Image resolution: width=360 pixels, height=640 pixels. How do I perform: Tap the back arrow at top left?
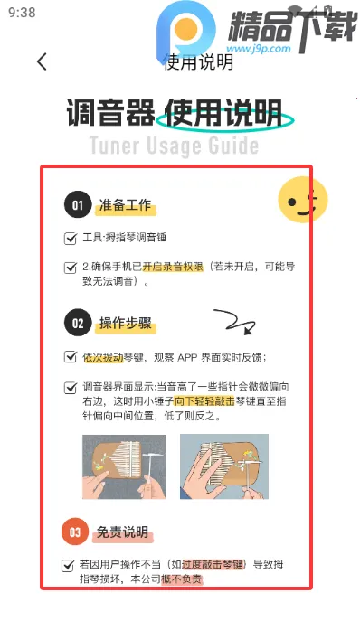(42, 61)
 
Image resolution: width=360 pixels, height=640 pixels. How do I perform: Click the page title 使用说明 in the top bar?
(198, 61)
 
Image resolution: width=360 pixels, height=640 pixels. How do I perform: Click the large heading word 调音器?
(108, 115)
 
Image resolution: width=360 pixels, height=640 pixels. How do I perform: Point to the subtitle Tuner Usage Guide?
(174, 146)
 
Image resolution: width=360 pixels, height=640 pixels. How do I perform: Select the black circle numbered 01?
(78, 206)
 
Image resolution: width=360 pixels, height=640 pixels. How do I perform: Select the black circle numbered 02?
(78, 323)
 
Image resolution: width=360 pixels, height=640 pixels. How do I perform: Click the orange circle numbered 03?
(76, 532)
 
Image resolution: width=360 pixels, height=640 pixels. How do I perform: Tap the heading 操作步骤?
(127, 323)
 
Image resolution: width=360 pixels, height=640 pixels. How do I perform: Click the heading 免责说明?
(123, 532)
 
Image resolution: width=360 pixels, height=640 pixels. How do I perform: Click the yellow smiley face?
(301, 202)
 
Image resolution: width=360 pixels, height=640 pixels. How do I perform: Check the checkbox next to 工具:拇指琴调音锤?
(71, 239)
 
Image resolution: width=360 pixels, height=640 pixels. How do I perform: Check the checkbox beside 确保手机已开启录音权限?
(71, 268)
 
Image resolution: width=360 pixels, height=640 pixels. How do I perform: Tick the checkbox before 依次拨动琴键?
(71, 357)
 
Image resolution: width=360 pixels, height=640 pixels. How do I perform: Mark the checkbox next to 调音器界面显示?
(71, 387)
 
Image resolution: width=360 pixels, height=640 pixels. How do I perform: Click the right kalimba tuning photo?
(223, 467)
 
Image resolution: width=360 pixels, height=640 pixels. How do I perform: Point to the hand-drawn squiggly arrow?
(233, 321)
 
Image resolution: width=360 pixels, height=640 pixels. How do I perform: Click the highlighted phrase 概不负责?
(182, 579)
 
